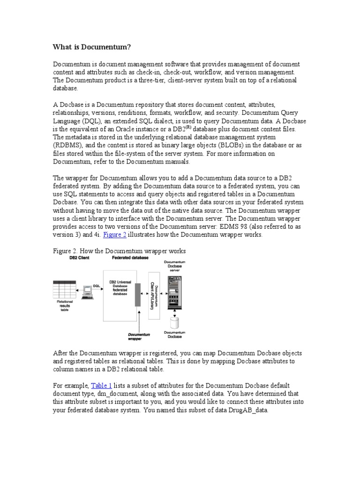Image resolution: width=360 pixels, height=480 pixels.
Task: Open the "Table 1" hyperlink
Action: click(x=101, y=385)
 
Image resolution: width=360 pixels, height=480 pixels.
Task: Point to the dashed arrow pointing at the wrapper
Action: click(x=138, y=319)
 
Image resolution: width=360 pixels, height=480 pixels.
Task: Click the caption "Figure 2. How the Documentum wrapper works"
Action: click(x=119, y=251)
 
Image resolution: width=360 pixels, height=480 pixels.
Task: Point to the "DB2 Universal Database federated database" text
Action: click(x=120, y=287)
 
